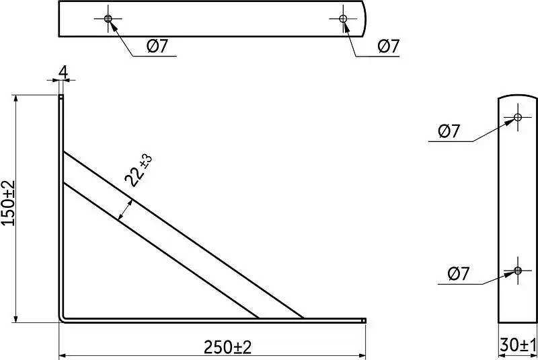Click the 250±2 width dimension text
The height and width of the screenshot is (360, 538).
pyautogui.click(x=227, y=347)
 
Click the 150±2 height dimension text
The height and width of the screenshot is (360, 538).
pyautogui.click(x=9, y=203)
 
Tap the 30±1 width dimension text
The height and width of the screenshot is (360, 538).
pyautogui.click(x=518, y=345)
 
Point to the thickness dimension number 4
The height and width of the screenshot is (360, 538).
pyautogui.click(x=63, y=72)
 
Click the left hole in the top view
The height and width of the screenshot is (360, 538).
pyautogui.click(x=108, y=19)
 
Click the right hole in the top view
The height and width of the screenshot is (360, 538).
pyautogui.click(x=343, y=19)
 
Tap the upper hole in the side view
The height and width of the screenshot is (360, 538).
pyautogui.click(x=518, y=117)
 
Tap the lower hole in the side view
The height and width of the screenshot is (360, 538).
pyautogui.click(x=518, y=271)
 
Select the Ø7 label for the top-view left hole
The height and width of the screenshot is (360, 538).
pyautogui.click(x=157, y=46)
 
